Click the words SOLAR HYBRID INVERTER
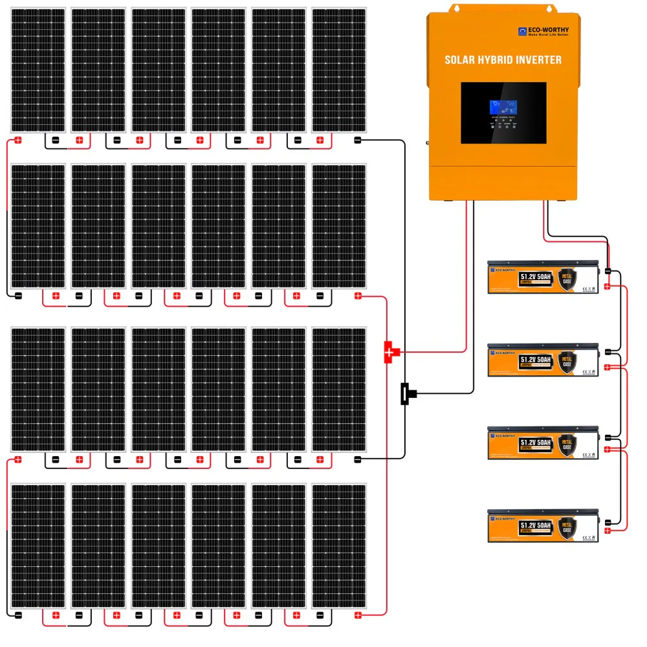[503, 60]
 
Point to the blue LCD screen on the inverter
[503, 109]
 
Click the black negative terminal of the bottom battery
[608, 522]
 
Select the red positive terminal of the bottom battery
[608, 531]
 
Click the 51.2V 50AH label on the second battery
[535, 359]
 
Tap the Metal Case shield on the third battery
[567, 444]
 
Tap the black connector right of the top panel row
[357, 140]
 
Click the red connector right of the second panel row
[357, 296]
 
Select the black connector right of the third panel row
[357, 460]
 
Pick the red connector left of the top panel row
[19, 140]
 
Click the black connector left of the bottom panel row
[19, 615]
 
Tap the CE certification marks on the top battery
[587, 281]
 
